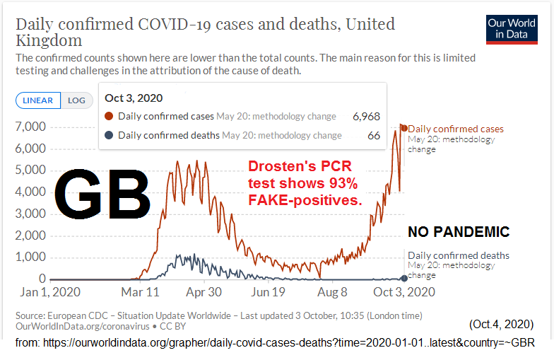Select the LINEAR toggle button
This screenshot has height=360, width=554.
coord(38,100)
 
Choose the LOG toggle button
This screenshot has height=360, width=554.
coord(76,100)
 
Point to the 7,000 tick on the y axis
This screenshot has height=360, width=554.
coord(30,127)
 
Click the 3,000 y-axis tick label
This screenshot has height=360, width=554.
coord(30,214)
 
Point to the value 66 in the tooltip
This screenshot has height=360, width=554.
coord(374,135)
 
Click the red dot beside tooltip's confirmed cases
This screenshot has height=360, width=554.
coord(109,116)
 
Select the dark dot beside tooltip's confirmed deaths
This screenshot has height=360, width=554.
coord(109,135)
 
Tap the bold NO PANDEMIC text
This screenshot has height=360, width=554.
coord(459,232)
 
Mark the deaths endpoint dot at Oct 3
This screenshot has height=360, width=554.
coord(404,278)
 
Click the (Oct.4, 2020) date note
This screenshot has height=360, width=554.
coord(500,324)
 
